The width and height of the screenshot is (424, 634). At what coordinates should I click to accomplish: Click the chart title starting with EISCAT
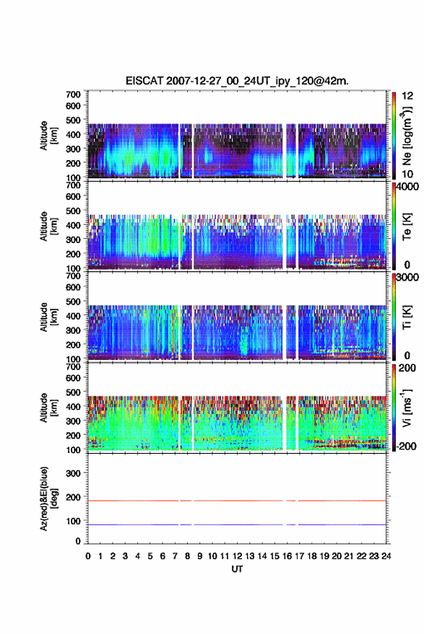(x=237, y=81)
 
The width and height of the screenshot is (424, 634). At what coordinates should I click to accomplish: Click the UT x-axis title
(x=237, y=569)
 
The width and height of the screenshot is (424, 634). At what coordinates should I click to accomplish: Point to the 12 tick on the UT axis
(x=238, y=556)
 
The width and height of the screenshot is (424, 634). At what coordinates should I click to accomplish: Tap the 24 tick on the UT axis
(x=386, y=556)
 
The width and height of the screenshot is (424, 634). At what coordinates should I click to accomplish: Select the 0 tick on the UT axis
(x=88, y=556)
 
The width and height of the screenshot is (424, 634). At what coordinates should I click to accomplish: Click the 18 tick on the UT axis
(x=312, y=556)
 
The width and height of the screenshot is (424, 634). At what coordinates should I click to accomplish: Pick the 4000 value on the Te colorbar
(x=408, y=187)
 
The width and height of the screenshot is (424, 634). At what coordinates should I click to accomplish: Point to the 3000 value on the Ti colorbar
(x=408, y=278)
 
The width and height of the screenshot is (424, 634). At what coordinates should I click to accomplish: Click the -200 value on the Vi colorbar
(x=406, y=446)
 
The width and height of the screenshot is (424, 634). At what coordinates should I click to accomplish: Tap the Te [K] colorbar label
(x=407, y=226)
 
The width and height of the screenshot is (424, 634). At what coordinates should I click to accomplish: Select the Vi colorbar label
(x=407, y=408)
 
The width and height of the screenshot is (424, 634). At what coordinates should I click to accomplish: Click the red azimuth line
(x=237, y=501)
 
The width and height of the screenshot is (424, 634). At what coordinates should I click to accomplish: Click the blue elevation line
(x=237, y=524)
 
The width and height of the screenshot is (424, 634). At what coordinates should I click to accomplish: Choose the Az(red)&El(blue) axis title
(x=48, y=498)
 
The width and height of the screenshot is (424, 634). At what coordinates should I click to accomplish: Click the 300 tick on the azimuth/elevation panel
(x=73, y=473)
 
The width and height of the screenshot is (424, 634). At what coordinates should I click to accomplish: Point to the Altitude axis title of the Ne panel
(x=48, y=136)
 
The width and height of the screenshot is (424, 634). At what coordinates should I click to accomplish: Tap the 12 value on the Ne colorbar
(x=408, y=96)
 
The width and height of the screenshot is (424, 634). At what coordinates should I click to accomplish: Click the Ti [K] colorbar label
(x=407, y=317)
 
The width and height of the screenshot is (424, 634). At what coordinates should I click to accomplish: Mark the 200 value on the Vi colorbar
(x=407, y=368)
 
